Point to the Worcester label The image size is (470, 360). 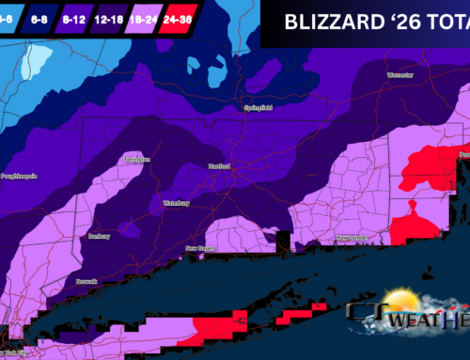point(400,74)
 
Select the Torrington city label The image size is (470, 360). point(137,159)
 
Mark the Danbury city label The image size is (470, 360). point(100,235)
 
